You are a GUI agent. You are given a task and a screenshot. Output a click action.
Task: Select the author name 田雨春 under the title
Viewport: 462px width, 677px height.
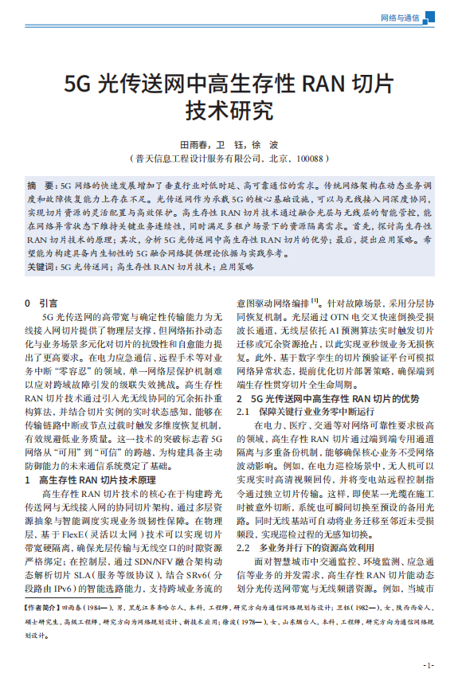[x=195, y=146]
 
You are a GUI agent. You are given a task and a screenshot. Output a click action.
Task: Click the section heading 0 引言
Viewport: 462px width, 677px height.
[x=41, y=303]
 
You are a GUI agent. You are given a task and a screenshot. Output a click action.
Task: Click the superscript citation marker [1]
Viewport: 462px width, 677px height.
[x=315, y=301]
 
